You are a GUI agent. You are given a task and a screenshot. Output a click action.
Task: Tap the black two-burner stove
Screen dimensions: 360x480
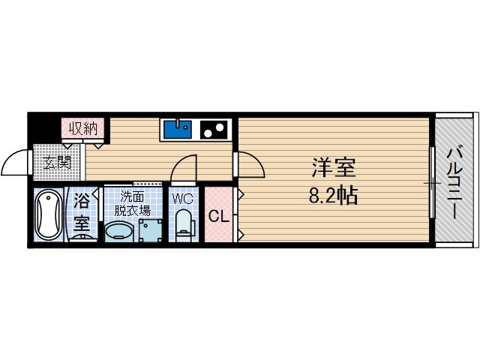(x=214, y=130)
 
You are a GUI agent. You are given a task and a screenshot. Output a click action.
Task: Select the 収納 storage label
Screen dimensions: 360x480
(x=84, y=128)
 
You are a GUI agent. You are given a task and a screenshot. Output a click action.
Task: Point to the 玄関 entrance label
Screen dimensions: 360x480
(x=56, y=162)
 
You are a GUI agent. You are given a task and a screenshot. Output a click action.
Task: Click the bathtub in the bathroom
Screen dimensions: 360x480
(x=49, y=215)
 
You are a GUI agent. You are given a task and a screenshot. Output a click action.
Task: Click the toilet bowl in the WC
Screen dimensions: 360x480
(x=184, y=225)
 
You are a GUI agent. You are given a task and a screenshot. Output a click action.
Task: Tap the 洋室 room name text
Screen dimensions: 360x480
(x=333, y=166)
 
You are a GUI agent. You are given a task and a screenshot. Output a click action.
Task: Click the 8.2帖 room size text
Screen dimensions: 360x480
(x=333, y=196)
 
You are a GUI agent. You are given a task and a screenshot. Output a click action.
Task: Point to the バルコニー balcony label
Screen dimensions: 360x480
(x=455, y=182)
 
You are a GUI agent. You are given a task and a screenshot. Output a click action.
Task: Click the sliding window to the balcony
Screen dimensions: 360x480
(x=432, y=182)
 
